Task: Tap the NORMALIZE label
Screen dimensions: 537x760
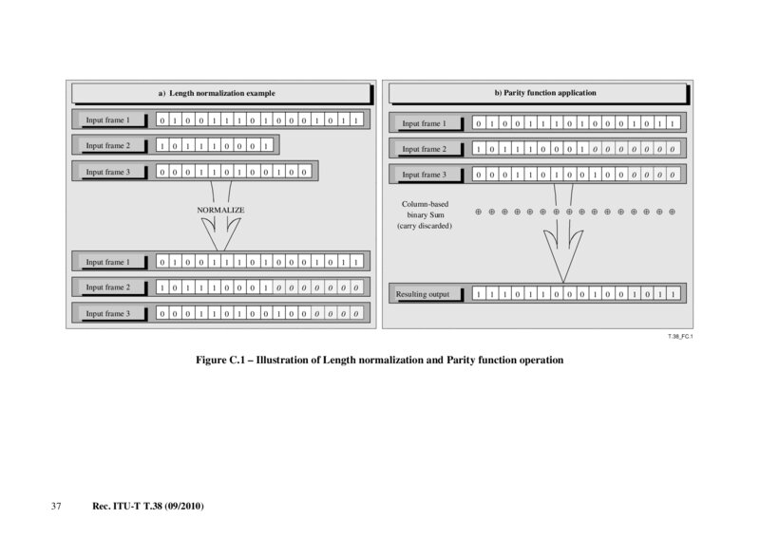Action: pos(220,209)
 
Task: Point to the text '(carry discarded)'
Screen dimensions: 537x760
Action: pos(425,226)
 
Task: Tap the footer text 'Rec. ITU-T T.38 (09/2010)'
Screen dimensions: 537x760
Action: pos(148,507)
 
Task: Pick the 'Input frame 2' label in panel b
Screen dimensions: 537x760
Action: pos(424,149)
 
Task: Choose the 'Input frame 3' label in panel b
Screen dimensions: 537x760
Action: pos(424,175)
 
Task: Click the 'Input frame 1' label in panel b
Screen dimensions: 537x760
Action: pos(424,123)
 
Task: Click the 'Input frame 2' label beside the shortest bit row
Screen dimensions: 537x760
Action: pos(107,146)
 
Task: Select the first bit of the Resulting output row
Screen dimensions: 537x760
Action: pos(478,295)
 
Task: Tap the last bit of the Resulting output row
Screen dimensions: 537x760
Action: pos(673,295)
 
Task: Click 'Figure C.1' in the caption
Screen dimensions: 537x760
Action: pos(224,361)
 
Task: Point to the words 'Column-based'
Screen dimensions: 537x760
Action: pos(425,203)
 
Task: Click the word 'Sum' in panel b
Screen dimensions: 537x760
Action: pos(437,214)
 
